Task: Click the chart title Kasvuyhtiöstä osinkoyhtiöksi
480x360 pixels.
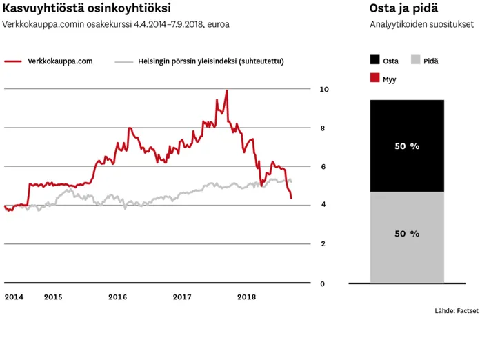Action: (87, 8)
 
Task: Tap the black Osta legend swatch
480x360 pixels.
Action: (375, 61)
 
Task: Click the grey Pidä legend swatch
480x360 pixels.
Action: (416, 61)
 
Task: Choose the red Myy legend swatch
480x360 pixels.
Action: (375, 79)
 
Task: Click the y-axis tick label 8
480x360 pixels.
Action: (322, 128)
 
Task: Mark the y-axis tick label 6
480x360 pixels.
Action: (322, 167)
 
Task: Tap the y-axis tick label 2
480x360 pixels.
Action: (322, 244)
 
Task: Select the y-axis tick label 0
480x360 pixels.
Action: (322, 283)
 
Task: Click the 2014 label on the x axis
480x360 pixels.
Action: (14, 297)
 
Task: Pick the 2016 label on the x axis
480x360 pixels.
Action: (117, 297)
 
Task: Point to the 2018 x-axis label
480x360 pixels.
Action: (246, 297)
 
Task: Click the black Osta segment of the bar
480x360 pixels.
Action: (407, 146)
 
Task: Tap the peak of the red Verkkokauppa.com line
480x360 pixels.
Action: (227, 90)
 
